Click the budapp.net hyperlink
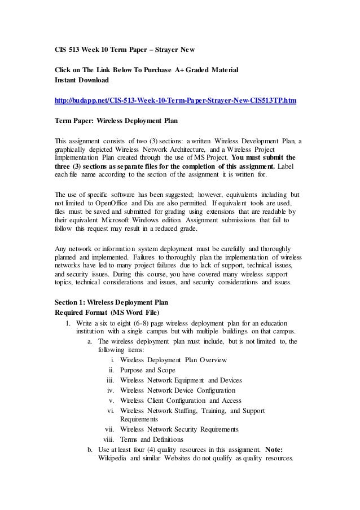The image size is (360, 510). [x=174, y=100]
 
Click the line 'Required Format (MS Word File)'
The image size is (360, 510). [x=107, y=312]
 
